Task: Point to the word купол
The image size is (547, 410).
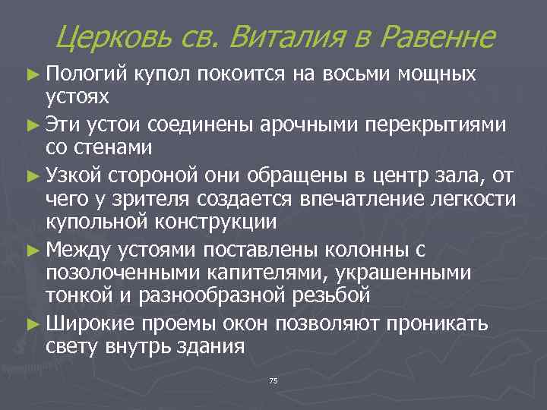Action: click(164, 74)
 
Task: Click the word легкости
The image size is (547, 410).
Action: click(471, 201)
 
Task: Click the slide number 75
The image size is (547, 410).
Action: click(273, 380)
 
